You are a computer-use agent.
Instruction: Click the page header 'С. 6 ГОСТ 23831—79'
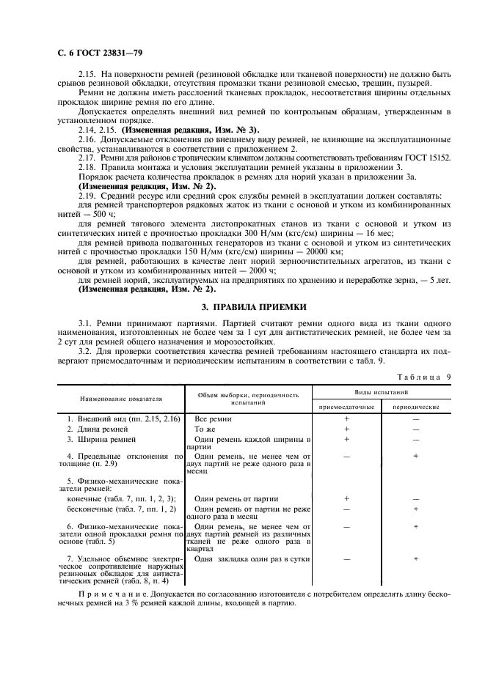(x=96, y=53)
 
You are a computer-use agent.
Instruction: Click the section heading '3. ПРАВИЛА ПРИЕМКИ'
(x=243, y=306)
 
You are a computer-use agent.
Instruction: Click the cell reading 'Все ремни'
(x=212, y=418)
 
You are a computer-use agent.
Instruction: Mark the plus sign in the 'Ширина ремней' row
(x=346, y=439)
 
